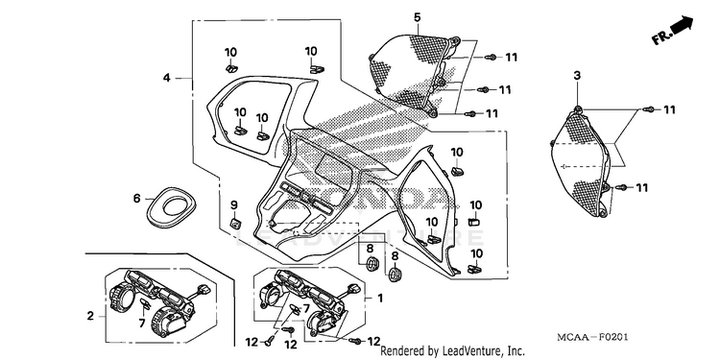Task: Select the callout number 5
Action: [417, 18]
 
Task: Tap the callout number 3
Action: [577, 76]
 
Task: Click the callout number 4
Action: [167, 78]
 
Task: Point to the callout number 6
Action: [136, 199]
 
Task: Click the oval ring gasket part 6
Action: [171, 207]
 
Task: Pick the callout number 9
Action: [233, 204]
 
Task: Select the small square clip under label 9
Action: [235, 224]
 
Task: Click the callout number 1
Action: [380, 299]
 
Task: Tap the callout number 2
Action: [90, 316]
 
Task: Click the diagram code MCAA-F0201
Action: [592, 338]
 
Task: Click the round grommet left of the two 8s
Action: [372, 264]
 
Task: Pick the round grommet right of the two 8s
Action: [395, 275]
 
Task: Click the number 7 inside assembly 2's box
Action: [142, 324]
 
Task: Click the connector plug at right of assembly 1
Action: [353, 289]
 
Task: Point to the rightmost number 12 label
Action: [373, 341]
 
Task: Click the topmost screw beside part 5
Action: [491, 57]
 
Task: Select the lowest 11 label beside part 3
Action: [641, 187]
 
